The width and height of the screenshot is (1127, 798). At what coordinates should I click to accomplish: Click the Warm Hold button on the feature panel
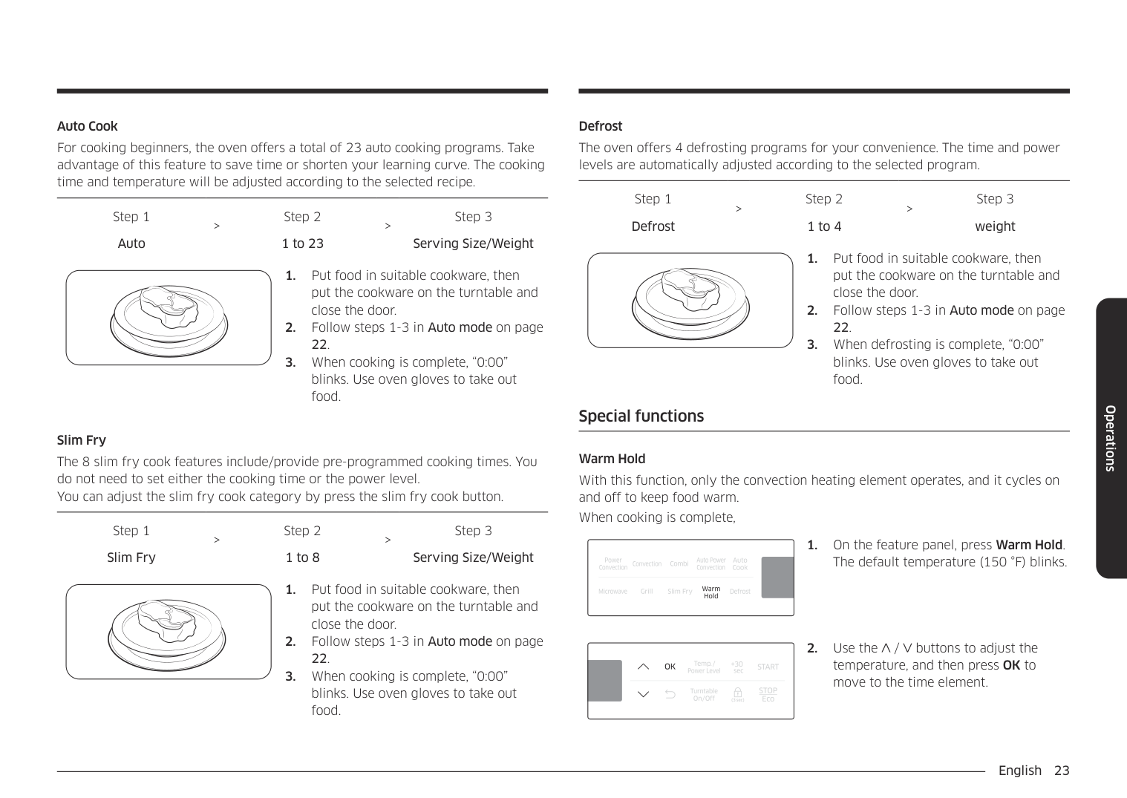[710, 592]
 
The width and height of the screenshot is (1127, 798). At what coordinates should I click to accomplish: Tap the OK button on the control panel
[670, 667]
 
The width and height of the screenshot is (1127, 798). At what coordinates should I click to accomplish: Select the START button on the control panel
[768, 667]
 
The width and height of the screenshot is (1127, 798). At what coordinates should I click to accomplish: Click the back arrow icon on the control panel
[670, 694]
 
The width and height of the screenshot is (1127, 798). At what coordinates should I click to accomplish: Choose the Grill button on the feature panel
[647, 592]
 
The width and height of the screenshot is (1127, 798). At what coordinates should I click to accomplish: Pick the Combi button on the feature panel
[679, 564]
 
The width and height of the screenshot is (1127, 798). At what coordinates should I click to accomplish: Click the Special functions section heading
[641, 416]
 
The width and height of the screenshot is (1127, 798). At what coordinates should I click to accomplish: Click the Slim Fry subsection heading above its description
[82, 440]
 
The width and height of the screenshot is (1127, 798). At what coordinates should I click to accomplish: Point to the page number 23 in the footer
[1062, 771]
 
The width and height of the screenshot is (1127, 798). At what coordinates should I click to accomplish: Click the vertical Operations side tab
[1111, 438]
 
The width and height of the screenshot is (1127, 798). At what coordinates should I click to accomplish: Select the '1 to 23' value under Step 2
[302, 243]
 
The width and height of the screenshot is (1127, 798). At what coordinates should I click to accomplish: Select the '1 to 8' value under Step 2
[302, 557]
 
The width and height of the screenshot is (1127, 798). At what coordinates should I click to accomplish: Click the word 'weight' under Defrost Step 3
[994, 226]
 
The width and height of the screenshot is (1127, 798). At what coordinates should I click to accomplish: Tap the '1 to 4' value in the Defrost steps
[824, 226]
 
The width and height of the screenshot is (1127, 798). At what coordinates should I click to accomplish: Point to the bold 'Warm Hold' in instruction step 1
[1028, 545]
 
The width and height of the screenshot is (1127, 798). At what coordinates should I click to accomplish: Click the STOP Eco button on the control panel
[768, 694]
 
